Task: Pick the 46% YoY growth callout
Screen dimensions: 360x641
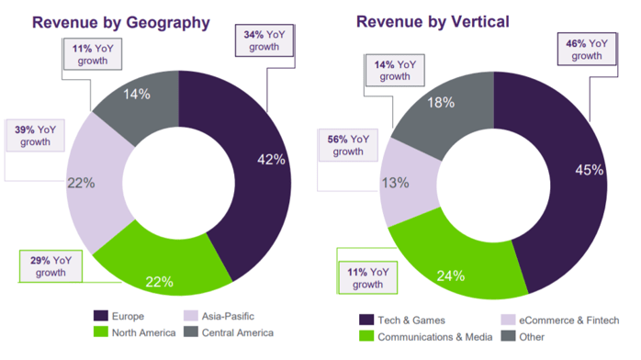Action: click(586, 49)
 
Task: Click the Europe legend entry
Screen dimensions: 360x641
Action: click(127, 316)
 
